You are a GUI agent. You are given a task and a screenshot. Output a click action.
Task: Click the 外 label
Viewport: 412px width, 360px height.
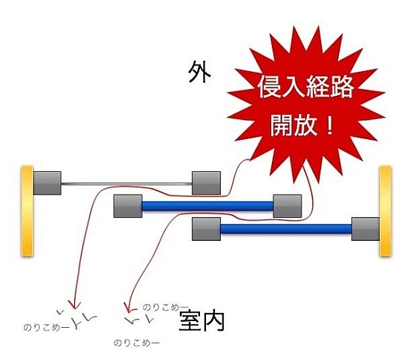coord(199,72)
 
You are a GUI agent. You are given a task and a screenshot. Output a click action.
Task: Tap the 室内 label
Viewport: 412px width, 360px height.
coord(202,320)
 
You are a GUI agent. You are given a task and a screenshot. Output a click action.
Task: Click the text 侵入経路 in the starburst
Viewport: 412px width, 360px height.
coord(306,87)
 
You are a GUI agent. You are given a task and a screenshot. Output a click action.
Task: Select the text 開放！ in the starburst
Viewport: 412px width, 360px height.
coord(302,125)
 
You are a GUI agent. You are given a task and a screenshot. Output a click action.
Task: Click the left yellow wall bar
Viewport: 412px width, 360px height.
coord(27,211)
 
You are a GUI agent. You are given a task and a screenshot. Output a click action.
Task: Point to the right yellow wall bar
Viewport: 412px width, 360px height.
coord(385,211)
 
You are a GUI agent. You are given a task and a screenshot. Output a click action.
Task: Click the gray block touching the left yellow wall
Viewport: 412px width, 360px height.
coord(47,183)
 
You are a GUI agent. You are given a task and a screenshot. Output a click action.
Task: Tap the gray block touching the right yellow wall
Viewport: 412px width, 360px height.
coord(366,229)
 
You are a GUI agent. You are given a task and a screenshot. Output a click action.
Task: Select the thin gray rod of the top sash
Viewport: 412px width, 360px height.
coord(127,183)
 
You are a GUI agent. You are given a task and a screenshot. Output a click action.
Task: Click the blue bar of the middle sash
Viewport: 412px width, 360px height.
coord(207,206)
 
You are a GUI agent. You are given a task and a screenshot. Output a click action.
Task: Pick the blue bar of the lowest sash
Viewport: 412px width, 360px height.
coord(286,229)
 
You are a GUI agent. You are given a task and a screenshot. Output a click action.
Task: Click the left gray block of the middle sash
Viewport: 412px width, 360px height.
coord(128,206)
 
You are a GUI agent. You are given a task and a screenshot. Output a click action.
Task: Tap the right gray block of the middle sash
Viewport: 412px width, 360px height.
coord(288,206)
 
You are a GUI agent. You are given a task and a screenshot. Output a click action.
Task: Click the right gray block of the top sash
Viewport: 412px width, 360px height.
coord(206,183)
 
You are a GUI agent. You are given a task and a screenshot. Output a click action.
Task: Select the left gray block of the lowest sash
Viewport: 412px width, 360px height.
coord(206,229)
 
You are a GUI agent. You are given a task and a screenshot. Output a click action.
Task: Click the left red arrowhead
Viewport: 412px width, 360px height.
coord(74,305)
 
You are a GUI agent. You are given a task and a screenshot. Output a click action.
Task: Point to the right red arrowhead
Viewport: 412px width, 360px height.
coord(129,308)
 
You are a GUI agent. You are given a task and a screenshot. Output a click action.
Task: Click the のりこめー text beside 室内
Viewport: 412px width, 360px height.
coord(166,307)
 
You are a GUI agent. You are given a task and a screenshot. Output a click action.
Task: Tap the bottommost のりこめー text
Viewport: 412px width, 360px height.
coord(136,343)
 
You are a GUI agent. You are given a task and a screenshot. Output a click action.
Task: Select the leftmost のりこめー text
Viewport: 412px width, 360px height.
coord(46,327)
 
